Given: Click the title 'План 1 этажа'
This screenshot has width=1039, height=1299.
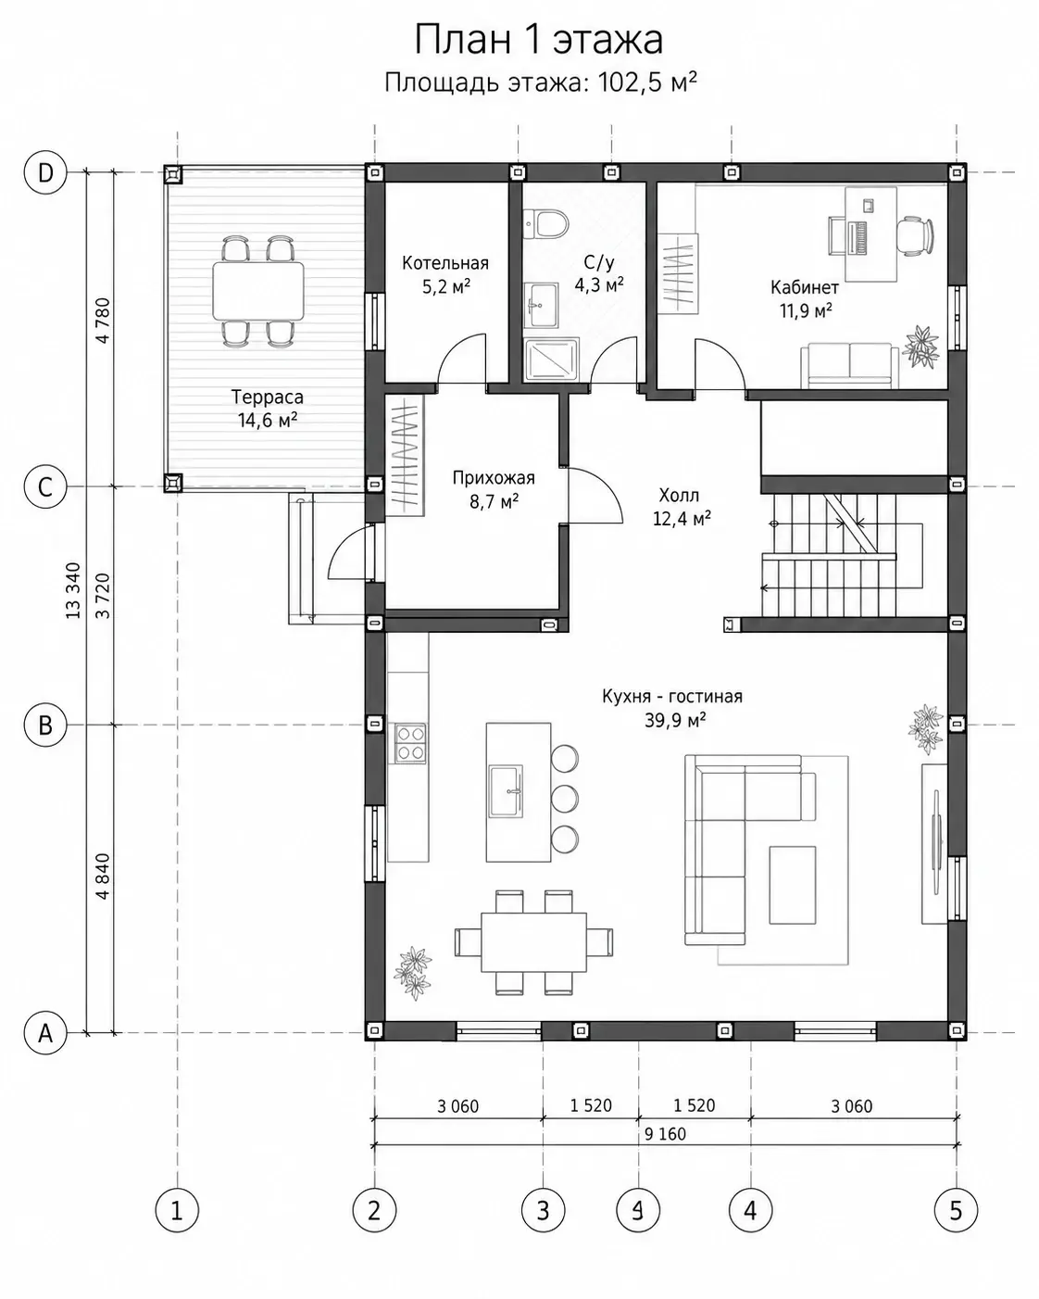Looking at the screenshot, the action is pyautogui.click(x=538, y=40).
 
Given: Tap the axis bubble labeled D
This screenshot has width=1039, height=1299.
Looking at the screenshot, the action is pyautogui.click(x=45, y=172).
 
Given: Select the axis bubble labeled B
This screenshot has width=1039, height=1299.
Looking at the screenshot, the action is pyautogui.click(x=45, y=725).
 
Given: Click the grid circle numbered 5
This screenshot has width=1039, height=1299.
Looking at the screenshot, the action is pyautogui.click(x=956, y=1210).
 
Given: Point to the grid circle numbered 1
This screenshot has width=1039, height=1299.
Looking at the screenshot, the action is pyautogui.click(x=177, y=1210).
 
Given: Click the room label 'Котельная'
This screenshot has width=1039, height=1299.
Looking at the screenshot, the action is pyautogui.click(x=445, y=263).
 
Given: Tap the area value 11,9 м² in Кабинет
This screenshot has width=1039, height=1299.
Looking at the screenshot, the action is pyautogui.click(x=806, y=311).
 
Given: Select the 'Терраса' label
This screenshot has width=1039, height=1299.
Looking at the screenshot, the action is pyautogui.click(x=268, y=397).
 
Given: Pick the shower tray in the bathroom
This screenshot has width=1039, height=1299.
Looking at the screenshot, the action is pyautogui.click(x=552, y=360).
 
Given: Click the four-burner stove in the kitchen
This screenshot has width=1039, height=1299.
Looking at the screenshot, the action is pyautogui.click(x=409, y=743).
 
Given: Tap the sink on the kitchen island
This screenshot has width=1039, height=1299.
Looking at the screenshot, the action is pyautogui.click(x=506, y=791).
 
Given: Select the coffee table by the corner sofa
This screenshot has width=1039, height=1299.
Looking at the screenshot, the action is pyautogui.click(x=793, y=885).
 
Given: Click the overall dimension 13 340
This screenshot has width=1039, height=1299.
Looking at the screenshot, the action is pyautogui.click(x=73, y=590).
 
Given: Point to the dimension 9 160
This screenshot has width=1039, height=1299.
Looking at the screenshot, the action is pyautogui.click(x=665, y=1133).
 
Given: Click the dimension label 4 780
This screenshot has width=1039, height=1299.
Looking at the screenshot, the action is pyautogui.click(x=103, y=321).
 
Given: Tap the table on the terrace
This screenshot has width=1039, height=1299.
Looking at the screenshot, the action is pyautogui.click(x=258, y=291).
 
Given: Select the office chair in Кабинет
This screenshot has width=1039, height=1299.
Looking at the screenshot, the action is pyautogui.click(x=915, y=236).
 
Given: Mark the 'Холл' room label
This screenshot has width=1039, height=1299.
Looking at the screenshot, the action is pyautogui.click(x=679, y=496).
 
